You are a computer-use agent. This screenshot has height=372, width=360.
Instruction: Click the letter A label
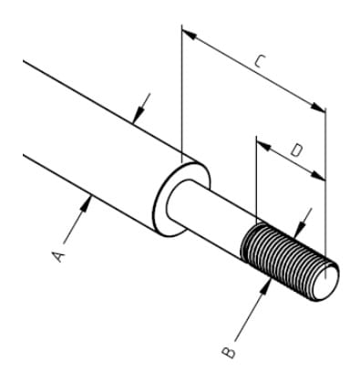58,257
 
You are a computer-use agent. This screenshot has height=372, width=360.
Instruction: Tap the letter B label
229,352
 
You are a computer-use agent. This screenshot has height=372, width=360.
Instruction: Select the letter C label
260,61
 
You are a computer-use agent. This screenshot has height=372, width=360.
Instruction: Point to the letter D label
296,150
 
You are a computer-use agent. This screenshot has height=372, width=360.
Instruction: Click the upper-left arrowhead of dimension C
189,35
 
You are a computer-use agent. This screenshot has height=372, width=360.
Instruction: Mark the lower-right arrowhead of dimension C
318,108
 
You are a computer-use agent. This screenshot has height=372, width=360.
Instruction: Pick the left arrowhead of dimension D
264,147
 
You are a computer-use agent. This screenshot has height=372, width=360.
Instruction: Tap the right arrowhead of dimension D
318,176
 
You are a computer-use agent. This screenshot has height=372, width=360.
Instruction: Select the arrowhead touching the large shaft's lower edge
86,203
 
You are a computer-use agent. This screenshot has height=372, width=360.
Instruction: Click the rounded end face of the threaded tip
326,283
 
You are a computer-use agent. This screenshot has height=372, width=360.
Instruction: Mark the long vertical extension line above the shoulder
181,94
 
